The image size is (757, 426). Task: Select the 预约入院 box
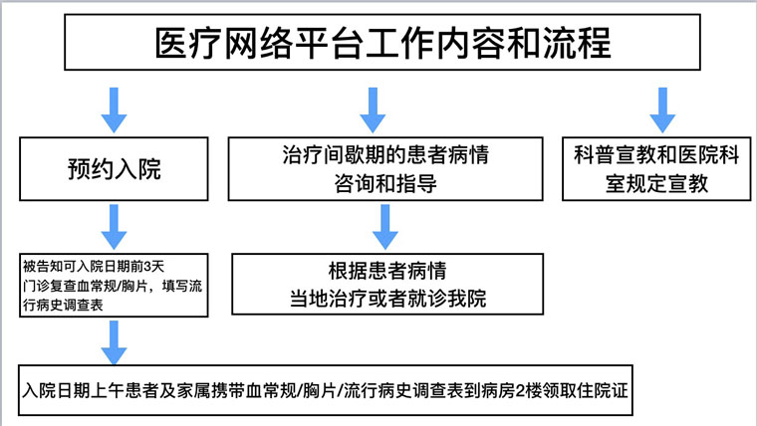pos(115,170)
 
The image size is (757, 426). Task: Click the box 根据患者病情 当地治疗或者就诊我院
pos(388,284)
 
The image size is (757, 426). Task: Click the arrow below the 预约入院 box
pos(115,228)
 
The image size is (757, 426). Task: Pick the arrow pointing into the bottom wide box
pos(115,341)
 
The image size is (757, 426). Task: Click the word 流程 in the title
pos(579,44)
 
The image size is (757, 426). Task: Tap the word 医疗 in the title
pos(186,44)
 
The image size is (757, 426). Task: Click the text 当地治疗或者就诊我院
pos(388,297)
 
